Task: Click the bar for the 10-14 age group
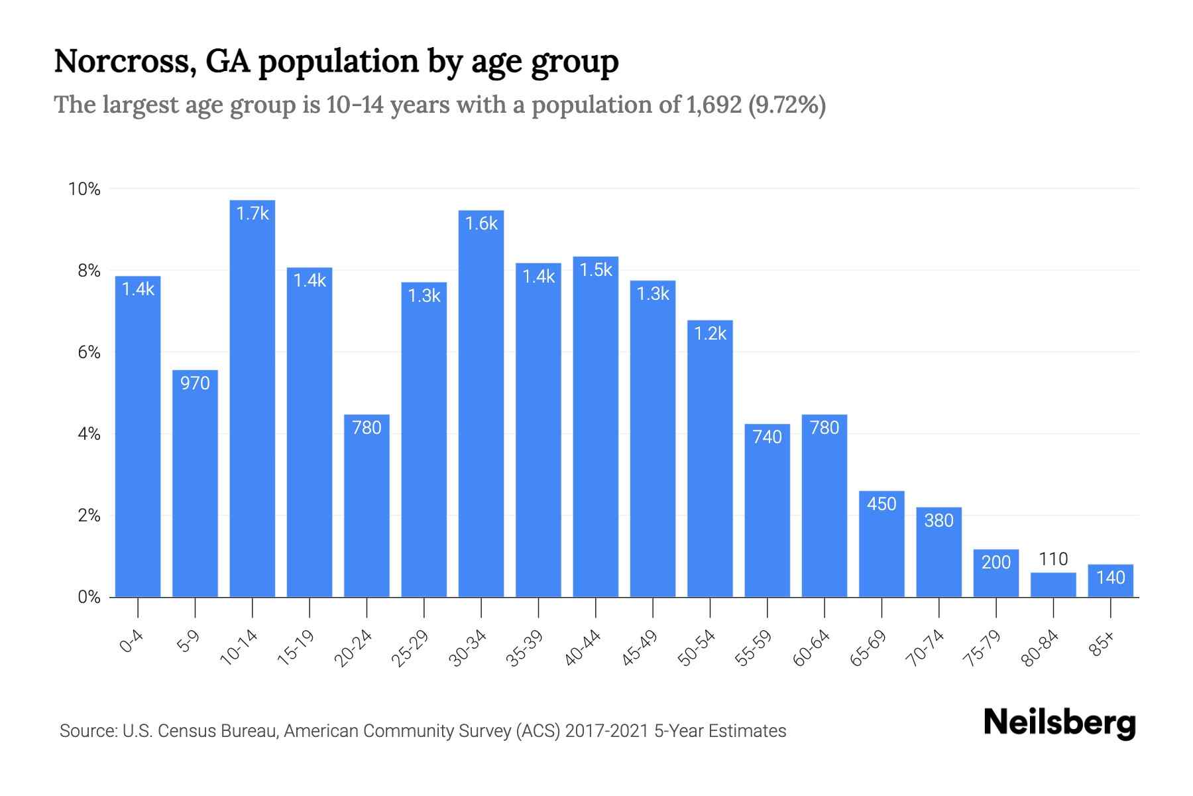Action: click(253, 398)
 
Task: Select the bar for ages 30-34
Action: click(481, 405)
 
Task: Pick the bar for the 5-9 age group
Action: click(195, 484)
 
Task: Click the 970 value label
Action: click(195, 383)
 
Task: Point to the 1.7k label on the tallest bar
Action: click(253, 214)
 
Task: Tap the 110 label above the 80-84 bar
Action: click(1053, 559)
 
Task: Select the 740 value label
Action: click(767, 437)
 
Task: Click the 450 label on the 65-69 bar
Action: click(881, 504)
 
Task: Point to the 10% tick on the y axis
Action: click(85, 190)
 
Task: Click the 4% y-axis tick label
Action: click(89, 434)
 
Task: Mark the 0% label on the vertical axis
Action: click(89, 598)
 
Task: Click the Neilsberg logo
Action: click(1059, 723)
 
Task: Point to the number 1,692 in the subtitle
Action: click(714, 105)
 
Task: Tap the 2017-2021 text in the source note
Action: click(606, 731)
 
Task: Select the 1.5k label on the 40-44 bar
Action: click(596, 270)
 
